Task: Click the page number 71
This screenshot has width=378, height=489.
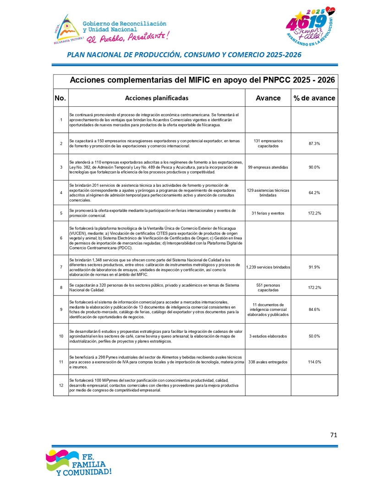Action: point(334,435)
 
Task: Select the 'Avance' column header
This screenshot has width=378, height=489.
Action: point(268,98)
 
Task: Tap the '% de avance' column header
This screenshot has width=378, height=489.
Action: point(314,98)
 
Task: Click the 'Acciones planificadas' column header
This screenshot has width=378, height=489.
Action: point(156,98)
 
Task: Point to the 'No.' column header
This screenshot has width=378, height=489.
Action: point(60,98)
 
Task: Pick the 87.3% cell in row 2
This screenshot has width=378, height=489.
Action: point(314,143)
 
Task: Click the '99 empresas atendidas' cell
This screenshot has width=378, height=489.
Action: point(268,167)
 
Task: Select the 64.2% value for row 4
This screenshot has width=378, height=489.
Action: point(314,192)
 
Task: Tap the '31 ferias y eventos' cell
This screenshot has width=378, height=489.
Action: point(268,213)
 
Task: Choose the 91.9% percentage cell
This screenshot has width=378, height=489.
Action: point(314,267)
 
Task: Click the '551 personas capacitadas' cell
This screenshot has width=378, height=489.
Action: point(268,288)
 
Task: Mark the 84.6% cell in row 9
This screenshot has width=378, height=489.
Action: point(314,310)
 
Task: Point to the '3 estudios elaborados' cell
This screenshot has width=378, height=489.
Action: point(268,336)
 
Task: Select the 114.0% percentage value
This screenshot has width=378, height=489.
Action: point(314,362)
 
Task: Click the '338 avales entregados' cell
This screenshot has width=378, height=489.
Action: point(268,362)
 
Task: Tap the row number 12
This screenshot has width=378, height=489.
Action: point(61,385)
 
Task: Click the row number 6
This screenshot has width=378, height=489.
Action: point(61,238)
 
